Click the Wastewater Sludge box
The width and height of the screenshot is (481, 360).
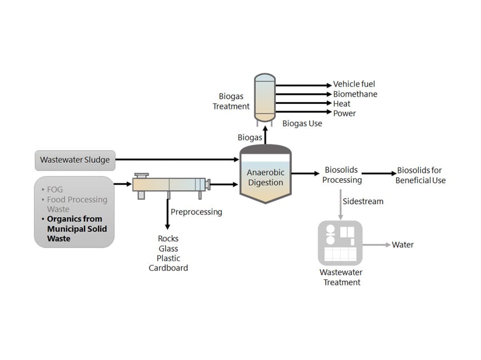(75, 160)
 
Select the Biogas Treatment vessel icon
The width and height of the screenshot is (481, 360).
(265, 97)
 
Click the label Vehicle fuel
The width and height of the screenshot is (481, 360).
(354, 84)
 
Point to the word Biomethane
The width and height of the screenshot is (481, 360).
(355, 94)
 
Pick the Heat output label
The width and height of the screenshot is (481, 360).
(341, 104)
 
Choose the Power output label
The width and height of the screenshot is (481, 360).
(344, 113)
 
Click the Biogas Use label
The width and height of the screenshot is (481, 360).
(302, 123)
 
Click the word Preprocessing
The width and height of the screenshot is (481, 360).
(196, 212)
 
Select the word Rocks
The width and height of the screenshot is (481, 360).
(168, 239)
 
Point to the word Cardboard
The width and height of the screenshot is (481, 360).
(168, 268)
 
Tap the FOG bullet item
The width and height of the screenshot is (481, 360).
(55, 189)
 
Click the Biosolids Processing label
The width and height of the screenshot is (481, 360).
(342, 175)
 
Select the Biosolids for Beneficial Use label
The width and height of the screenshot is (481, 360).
(420, 175)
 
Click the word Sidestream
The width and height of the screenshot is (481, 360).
(363, 201)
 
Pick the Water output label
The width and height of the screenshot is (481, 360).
(403, 244)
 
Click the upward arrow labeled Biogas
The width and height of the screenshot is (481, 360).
(265, 136)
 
